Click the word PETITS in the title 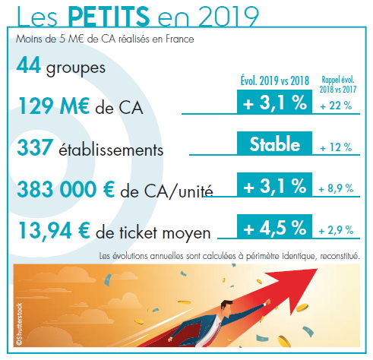[x=109, y=16]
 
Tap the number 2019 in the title [x=229, y=17]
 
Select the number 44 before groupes [x=28, y=65]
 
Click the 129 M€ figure [x=54, y=106]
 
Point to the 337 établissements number [x=35, y=147]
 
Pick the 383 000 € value [x=66, y=189]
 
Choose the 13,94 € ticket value [x=54, y=231]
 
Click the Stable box [x=274, y=143]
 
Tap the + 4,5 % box [x=274, y=226]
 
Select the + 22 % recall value [x=336, y=106]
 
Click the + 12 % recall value [x=336, y=147]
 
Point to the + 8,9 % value [x=336, y=188]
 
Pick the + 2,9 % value [x=336, y=230]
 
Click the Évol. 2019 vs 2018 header [x=275, y=81]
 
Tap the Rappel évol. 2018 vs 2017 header [x=338, y=84]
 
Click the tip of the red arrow [x=318, y=269]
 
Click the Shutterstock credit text [x=19, y=324]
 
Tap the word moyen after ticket [x=186, y=233]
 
